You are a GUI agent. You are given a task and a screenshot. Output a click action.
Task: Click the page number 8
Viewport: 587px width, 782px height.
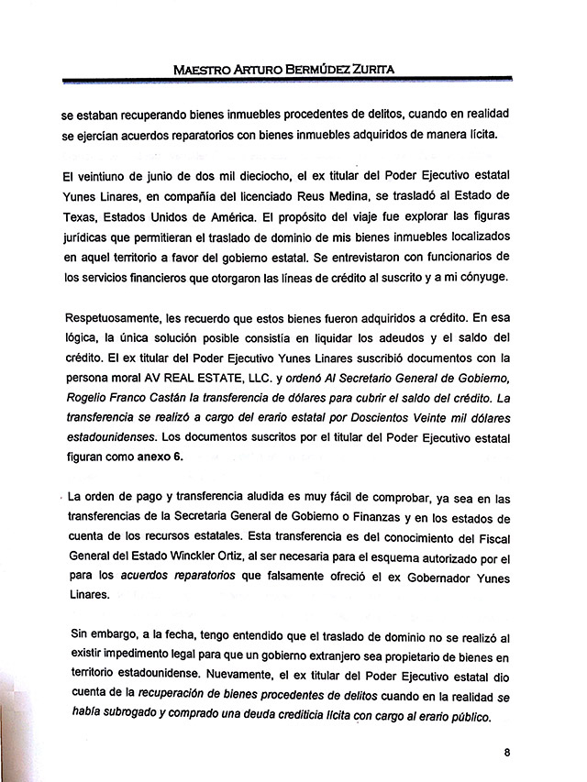click(x=507, y=753)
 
